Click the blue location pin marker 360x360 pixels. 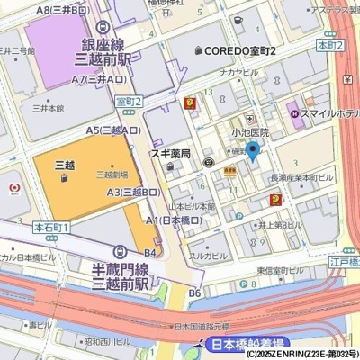coord(253,150)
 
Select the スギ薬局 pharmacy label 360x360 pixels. coord(169,154)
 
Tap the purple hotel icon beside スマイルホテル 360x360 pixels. coord(293,113)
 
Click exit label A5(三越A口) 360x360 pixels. coord(112,130)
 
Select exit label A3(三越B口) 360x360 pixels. coord(134,192)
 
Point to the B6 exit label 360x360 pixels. coord(194,293)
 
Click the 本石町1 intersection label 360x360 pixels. coord(51,228)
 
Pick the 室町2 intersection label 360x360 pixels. coord(130,102)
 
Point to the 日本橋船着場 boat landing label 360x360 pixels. coord(242,345)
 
